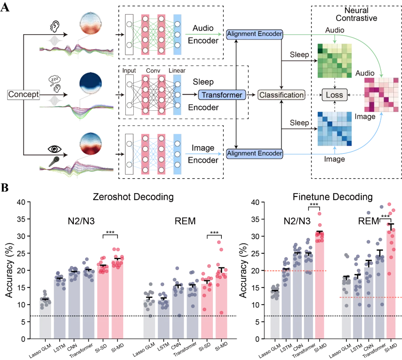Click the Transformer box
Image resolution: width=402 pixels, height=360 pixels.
tap(222, 95)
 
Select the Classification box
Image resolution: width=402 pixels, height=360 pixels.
tap(281, 95)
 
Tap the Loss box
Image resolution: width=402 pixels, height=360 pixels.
tap(334, 95)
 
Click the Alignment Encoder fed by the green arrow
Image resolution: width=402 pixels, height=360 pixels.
tap(254, 34)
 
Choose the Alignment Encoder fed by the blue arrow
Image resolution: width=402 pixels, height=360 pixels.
tap(254, 153)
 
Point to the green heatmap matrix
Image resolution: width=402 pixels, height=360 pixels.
tap(334, 61)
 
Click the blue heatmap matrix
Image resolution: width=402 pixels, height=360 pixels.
tap(334, 129)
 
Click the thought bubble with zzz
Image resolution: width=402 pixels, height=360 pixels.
tap(54, 79)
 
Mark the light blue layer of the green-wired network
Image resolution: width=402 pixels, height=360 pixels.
tap(177, 34)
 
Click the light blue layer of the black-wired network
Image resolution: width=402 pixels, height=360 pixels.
tap(177, 95)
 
